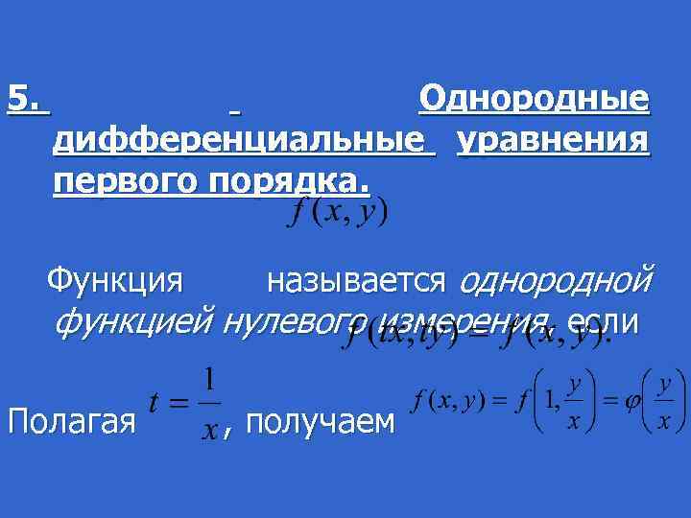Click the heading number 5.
click(25, 99)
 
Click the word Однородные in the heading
click(534, 99)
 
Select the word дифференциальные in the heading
click(240, 141)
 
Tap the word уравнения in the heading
click(553, 141)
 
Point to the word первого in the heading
click(120, 182)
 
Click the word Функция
click(114, 281)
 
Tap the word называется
click(356, 281)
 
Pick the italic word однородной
click(557, 281)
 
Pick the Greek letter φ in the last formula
click(631, 403)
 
